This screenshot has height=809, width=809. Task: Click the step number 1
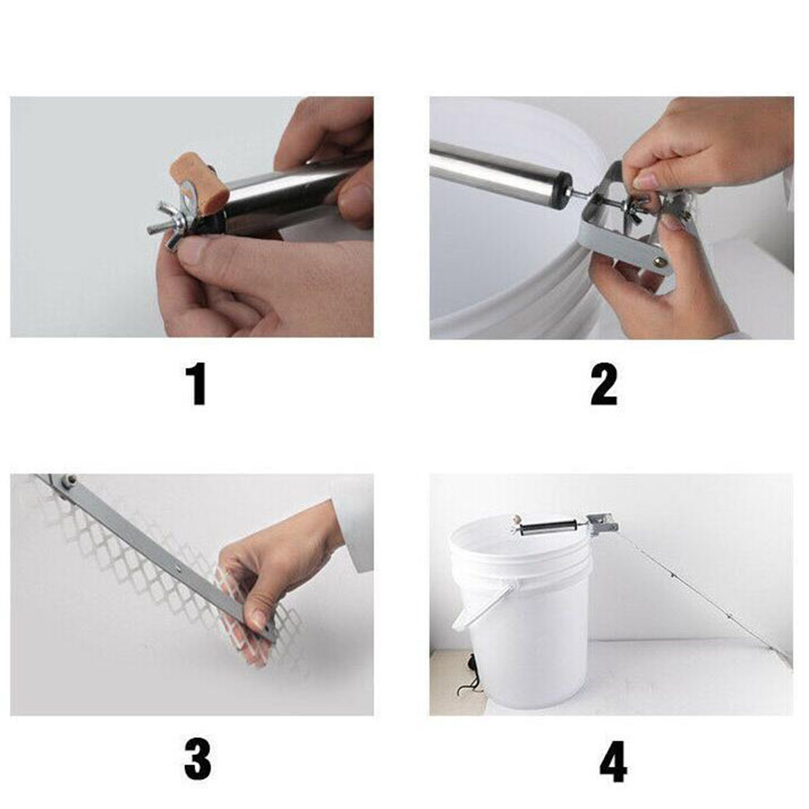coord(197,384)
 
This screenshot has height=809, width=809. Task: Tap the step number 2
coord(604,384)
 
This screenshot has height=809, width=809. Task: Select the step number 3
coord(198,761)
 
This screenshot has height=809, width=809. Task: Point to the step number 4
coord(614,762)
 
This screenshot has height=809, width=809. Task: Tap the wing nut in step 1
coord(173,226)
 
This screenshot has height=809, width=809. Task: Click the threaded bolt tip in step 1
coord(153,228)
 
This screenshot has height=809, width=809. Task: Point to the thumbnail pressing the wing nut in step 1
coord(192,251)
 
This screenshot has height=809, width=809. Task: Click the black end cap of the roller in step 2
coord(564,190)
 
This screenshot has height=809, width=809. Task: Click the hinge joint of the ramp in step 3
coord(65,484)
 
